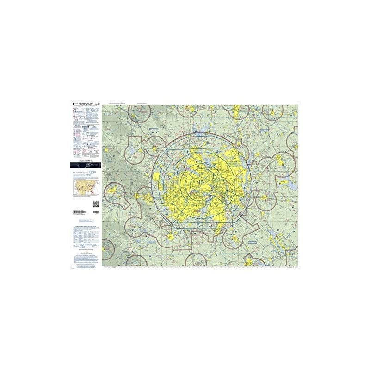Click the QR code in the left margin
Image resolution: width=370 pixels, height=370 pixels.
[x=96, y=204]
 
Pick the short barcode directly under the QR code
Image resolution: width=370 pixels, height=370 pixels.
[x=96, y=211]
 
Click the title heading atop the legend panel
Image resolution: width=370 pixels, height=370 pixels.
[x=86, y=104]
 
